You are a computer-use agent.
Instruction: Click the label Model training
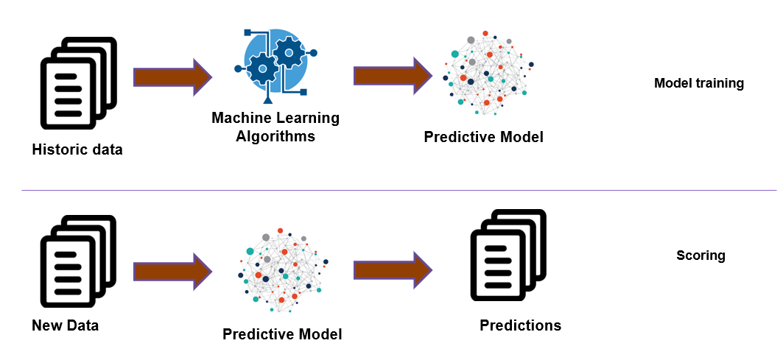(698, 83)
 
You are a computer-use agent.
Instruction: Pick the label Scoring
(701, 256)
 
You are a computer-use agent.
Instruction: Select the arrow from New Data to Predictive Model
(172, 271)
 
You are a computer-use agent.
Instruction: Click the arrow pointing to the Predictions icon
(393, 270)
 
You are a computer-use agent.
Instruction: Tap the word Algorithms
(275, 136)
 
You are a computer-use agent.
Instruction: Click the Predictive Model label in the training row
(483, 137)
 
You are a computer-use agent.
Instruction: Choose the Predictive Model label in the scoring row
(282, 334)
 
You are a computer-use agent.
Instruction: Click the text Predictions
(520, 325)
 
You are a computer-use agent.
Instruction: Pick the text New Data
(65, 325)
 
